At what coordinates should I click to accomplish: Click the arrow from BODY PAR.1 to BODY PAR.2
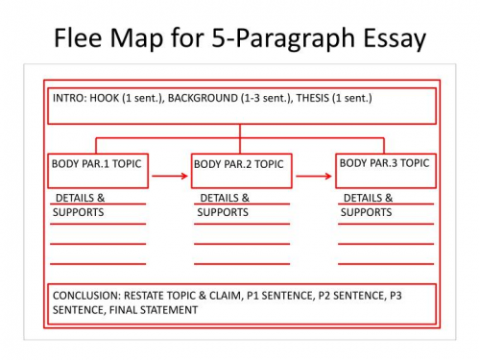click(168, 176)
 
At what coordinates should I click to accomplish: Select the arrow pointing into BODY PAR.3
click(314, 176)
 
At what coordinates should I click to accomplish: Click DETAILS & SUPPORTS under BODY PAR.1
click(79, 205)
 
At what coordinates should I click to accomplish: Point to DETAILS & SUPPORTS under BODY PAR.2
click(223, 205)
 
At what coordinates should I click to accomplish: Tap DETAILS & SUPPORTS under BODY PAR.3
click(367, 205)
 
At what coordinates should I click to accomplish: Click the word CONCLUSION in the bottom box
click(86, 294)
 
